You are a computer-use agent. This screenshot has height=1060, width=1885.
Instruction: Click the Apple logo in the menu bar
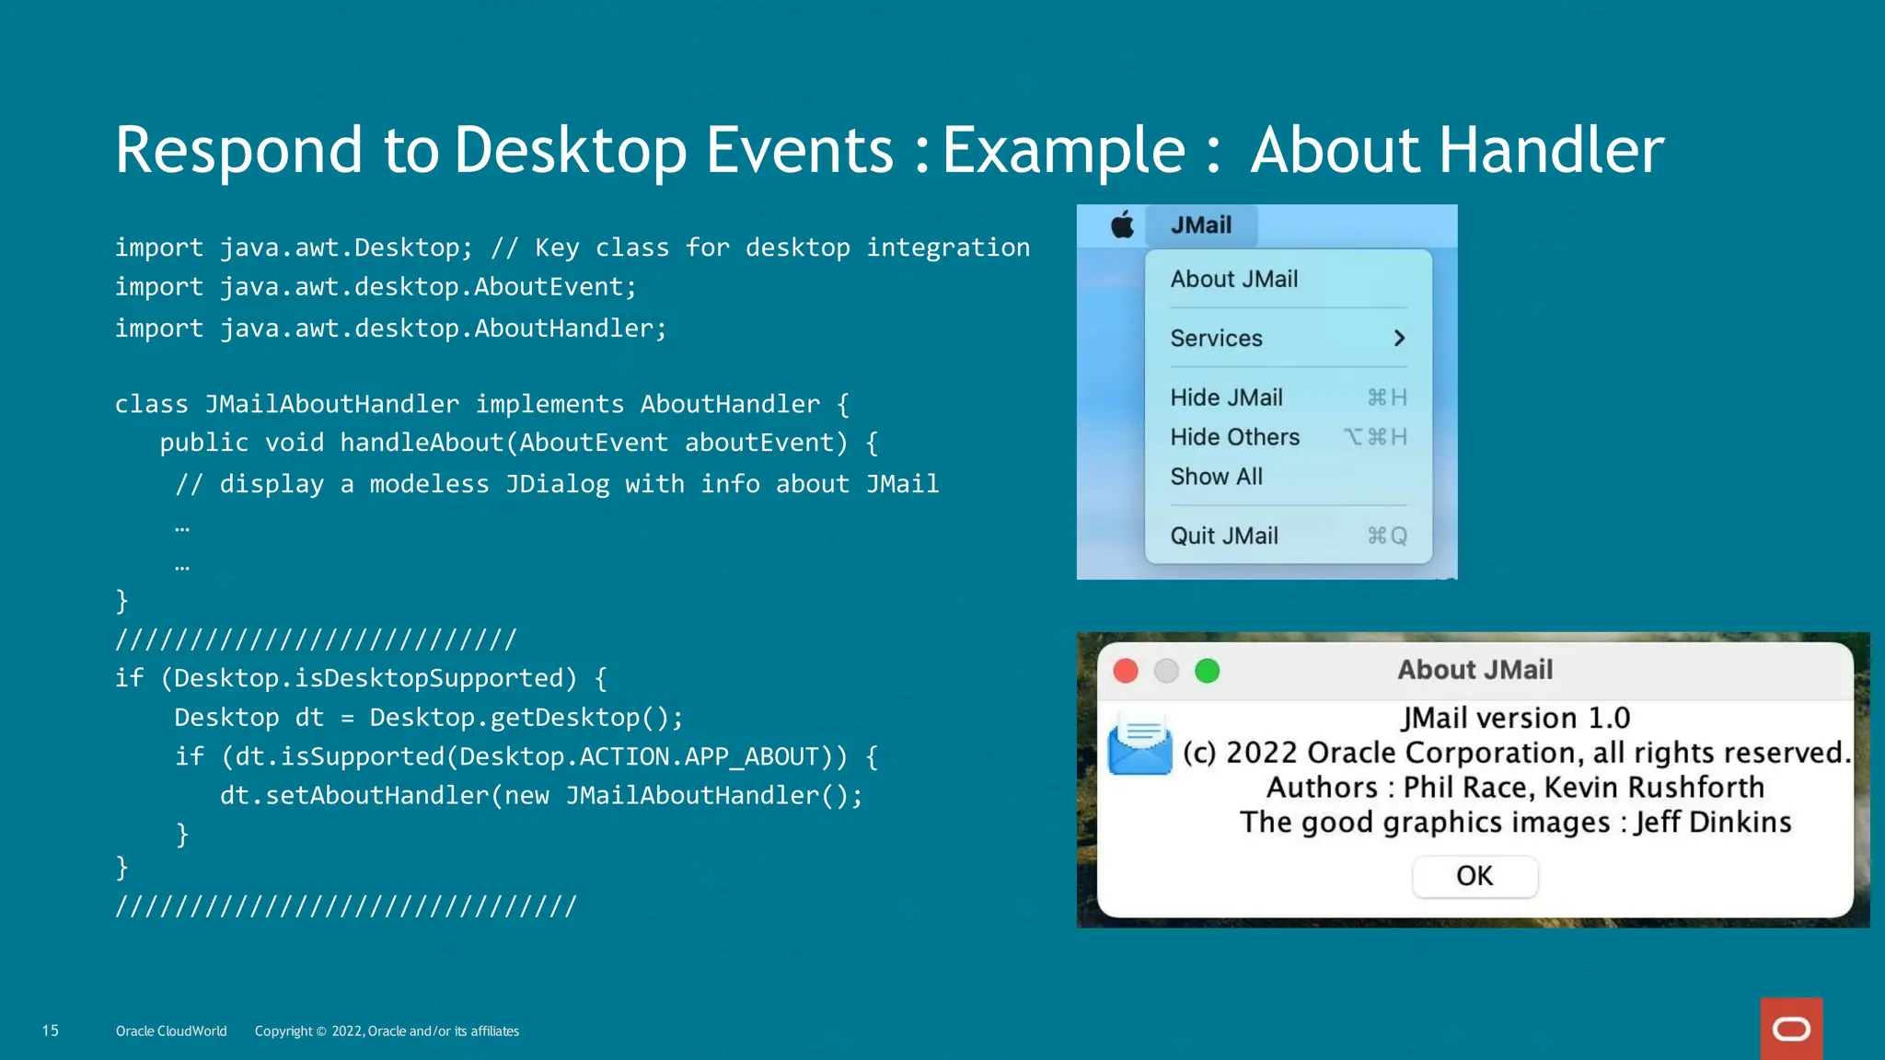[x=1122, y=225]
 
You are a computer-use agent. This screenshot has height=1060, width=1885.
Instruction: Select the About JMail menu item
[x=1233, y=279]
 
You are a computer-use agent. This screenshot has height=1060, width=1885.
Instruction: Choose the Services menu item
[x=1216, y=339]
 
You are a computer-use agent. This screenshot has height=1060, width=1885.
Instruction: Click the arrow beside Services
[x=1399, y=339]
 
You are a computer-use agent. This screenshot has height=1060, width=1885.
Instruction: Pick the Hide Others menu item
[x=1234, y=437]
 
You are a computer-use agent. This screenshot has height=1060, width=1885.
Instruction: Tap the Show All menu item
[x=1216, y=477]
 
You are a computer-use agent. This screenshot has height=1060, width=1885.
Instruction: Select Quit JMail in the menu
[x=1224, y=536]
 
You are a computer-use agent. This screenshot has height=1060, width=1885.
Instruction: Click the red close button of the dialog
[x=1126, y=671]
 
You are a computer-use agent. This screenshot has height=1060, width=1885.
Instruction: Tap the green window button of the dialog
[x=1207, y=671]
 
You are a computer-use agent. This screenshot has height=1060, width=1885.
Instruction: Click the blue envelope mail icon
[x=1139, y=743]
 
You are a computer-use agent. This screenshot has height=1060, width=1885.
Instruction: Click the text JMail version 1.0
[x=1515, y=718]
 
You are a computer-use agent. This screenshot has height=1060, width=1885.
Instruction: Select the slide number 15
[x=51, y=1031]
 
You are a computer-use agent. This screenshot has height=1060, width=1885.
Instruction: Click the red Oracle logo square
[x=1791, y=1029]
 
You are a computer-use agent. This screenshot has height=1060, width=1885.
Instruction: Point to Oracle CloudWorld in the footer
[x=171, y=1031]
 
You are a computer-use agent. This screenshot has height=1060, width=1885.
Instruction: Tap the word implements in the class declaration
[x=549, y=404]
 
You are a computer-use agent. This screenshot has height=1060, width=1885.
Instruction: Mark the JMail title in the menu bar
[x=1200, y=225]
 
